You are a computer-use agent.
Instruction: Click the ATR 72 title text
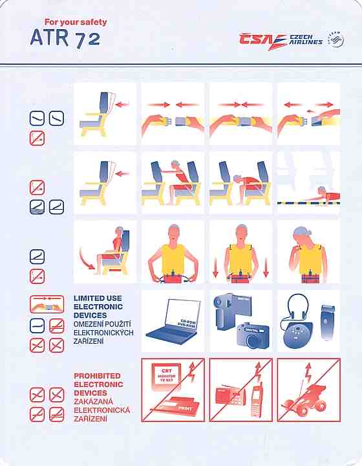(65, 39)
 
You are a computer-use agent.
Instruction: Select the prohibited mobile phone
(257, 398)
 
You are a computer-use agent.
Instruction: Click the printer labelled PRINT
(175, 407)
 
